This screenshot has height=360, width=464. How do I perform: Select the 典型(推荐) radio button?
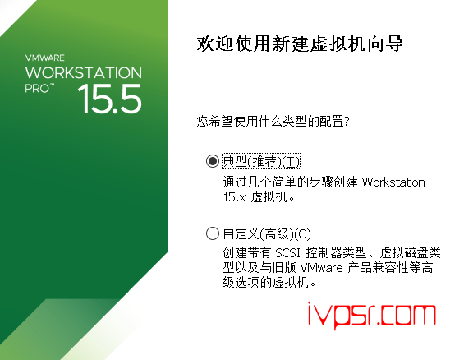coord(213,161)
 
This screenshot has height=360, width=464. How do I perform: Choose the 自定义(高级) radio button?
coord(213,233)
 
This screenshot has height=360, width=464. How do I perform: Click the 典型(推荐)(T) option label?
coord(261,161)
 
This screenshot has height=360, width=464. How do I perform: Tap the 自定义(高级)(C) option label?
coord(267,234)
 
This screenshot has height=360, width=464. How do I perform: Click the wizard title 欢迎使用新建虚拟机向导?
coord(300,44)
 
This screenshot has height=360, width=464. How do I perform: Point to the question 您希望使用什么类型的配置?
coord(273,121)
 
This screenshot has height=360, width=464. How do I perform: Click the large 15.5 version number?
coord(110,99)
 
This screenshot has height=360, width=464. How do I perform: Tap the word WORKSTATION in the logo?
coord(84,72)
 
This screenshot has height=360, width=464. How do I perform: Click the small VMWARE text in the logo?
coord(44,58)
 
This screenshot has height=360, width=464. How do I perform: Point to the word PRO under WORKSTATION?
coord(37,89)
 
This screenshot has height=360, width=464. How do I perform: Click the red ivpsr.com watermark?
coord(372,316)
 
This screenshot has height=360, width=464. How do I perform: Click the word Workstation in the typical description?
coord(393,182)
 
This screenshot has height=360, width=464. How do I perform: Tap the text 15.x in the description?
coord(234,197)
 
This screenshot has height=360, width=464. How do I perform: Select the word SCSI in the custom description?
coord(287,253)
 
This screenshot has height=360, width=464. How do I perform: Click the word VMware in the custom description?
coord(321,268)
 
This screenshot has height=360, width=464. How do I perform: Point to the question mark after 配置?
coord(347,121)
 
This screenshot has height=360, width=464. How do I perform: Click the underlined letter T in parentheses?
coord(291,162)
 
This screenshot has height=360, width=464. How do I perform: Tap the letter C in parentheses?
coord(302,234)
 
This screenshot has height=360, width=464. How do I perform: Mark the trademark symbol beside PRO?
coord(52,85)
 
